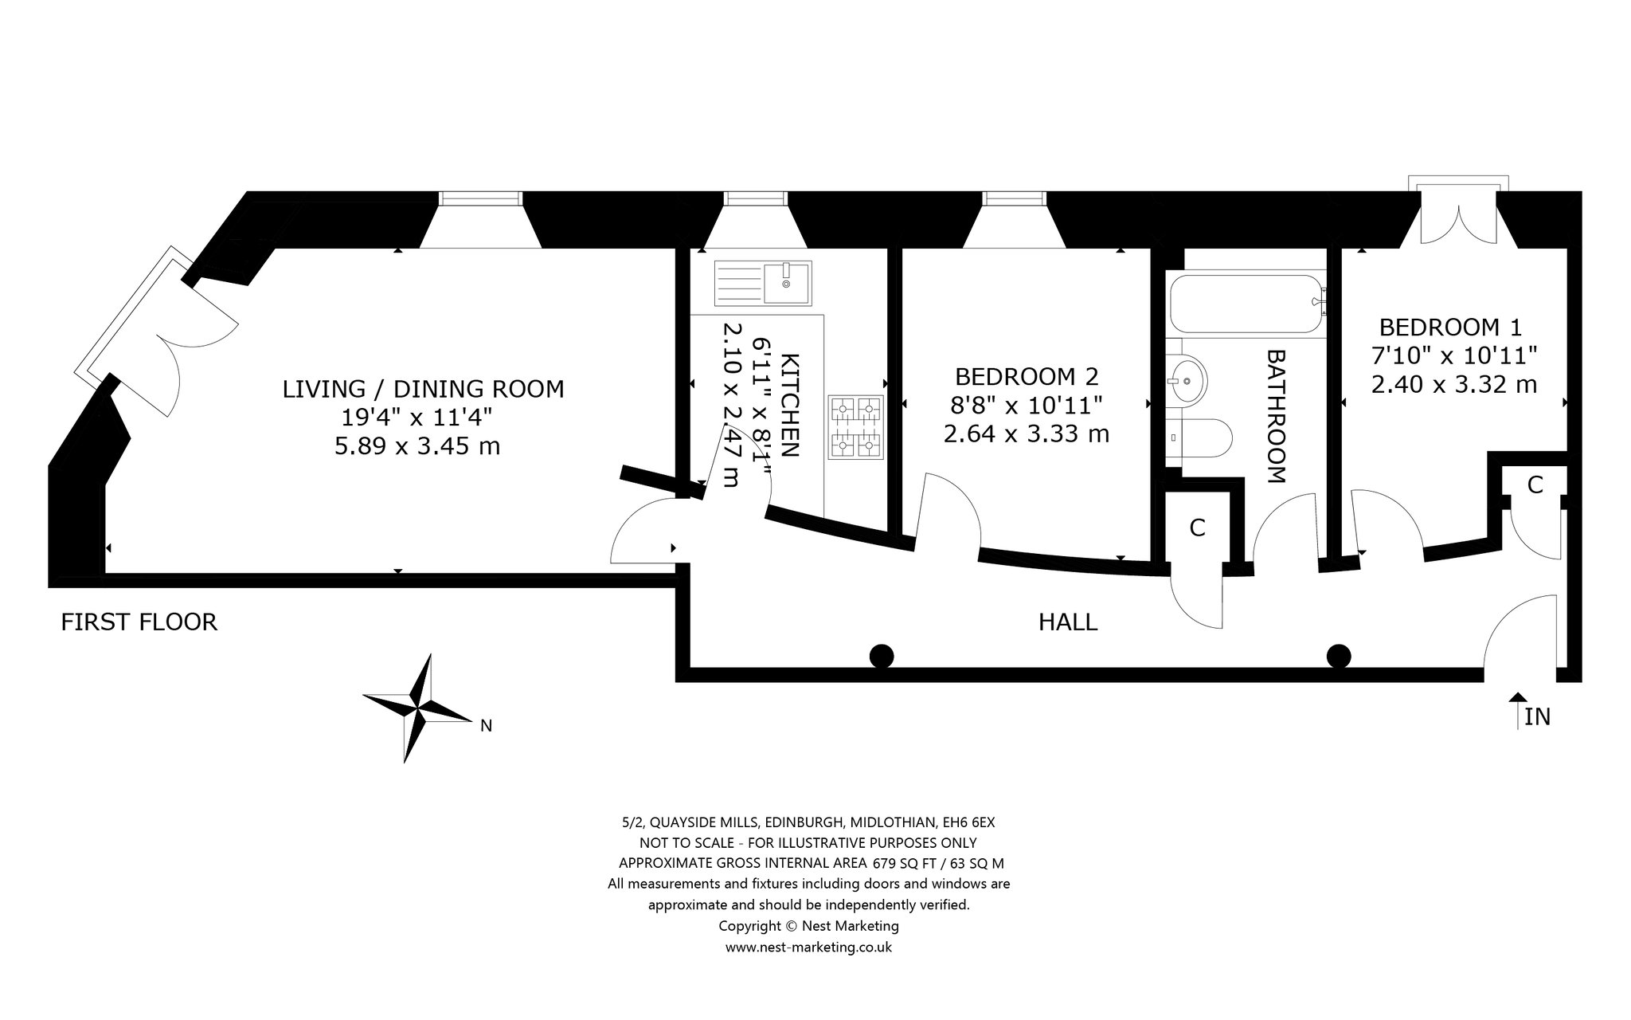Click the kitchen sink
pyautogui.click(x=763, y=283)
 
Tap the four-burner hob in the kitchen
pyautogui.click(x=857, y=428)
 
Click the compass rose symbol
pyautogui.click(x=417, y=708)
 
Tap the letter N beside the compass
pyautogui.click(x=486, y=726)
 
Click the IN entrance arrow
pyautogui.click(x=1518, y=710)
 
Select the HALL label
pyautogui.click(x=1068, y=622)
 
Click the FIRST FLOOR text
pyautogui.click(x=139, y=622)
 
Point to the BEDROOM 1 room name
pyautogui.click(x=1450, y=328)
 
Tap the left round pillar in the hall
pyautogui.click(x=881, y=656)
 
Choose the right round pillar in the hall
pyautogui.click(x=1339, y=656)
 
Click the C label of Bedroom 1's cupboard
pyautogui.click(x=1535, y=484)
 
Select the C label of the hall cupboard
pyautogui.click(x=1197, y=528)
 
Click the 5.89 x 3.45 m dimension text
pyautogui.click(x=417, y=446)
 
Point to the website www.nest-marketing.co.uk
pyautogui.click(x=808, y=947)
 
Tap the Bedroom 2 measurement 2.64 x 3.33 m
pyautogui.click(x=1027, y=434)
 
